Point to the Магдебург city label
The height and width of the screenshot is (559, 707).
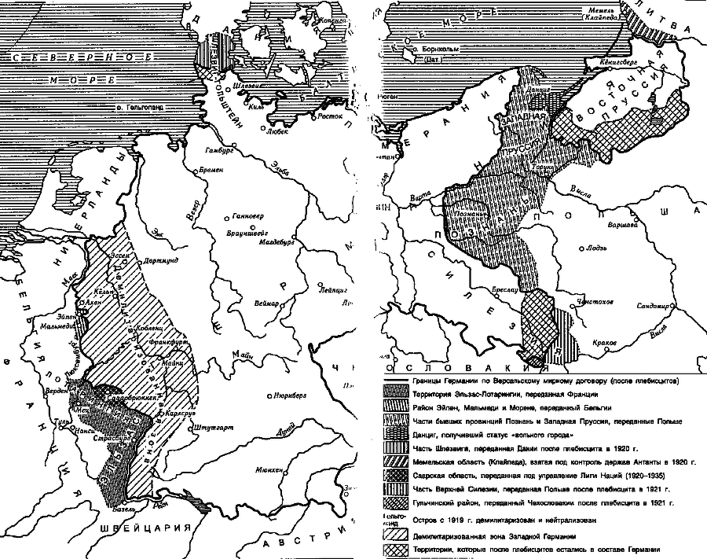[276, 243]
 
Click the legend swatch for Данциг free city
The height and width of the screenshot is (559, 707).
[395, 434]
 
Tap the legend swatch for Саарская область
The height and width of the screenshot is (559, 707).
[395, 476]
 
